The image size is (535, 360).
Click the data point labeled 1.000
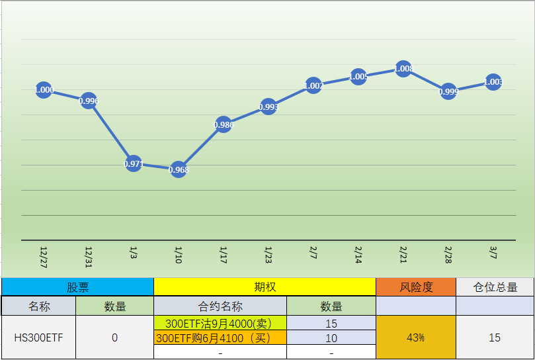(44, 90)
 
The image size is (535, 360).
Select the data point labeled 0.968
(179, 169)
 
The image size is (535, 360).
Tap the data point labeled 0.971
(134, 163)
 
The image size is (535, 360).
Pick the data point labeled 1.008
(403, 69)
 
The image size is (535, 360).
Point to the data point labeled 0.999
(448, 92)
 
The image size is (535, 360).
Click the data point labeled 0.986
(224, 124)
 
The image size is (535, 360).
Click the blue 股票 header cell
(77, 287)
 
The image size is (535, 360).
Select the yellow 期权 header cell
(265, 287)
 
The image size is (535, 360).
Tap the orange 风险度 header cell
(416, 287)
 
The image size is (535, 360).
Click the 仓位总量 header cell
(495, 287)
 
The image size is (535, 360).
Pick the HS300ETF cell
(39, 337)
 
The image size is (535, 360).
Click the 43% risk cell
(416, 337)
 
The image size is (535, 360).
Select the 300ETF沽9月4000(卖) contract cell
(220, 324)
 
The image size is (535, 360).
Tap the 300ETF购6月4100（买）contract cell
(220, 338)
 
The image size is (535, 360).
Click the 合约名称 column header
(220, 306)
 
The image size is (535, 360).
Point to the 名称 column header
(39, 306)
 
